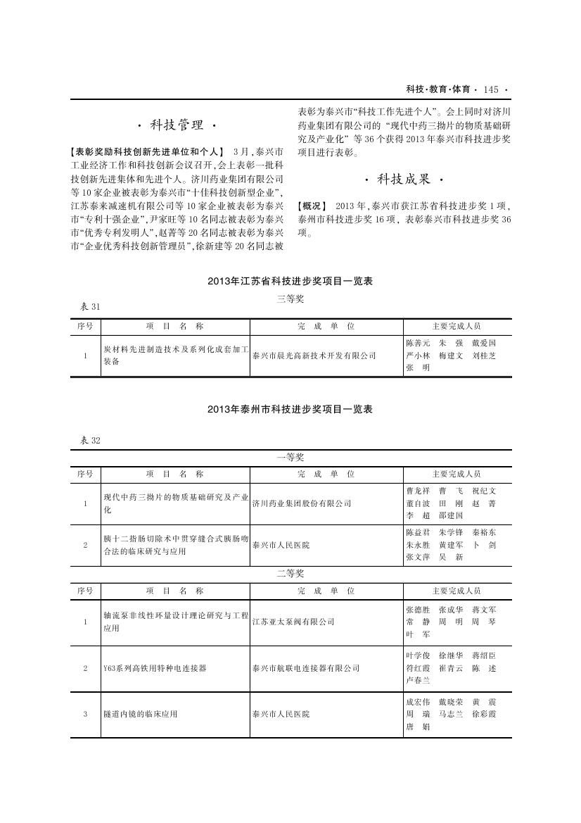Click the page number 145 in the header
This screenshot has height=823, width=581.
tap(490, 89)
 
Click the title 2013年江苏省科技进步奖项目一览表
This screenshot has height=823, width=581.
tap(290, 281)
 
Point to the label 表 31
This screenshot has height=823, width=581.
tap(91, 306)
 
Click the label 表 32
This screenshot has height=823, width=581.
tap(91, 440)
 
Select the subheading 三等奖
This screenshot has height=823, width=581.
tap(290, 299)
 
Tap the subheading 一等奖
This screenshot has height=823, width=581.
tap(290, 457)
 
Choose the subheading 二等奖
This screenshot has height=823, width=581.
tap(290, 574)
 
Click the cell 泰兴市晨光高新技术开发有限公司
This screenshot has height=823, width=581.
tap(314, 356)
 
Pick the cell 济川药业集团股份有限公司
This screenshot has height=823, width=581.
tap(302, 503)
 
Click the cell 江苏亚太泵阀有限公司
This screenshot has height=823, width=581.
tap(293, 622)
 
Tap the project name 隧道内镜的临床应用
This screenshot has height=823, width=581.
tap(140, 714)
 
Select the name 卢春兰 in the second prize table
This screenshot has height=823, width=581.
tap(417, 680)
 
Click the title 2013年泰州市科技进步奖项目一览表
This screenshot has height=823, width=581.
tap(290, 409)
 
